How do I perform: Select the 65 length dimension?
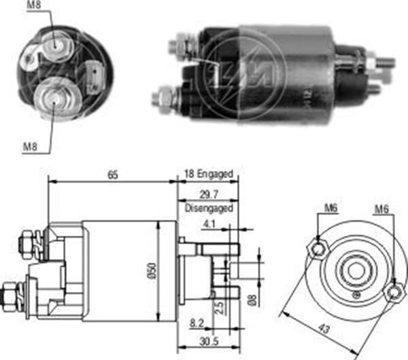point(113,175)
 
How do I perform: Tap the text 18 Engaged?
point(209,175)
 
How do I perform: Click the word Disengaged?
point(208,208)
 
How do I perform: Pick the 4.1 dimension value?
point(208,221)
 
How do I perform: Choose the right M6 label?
point(381,209)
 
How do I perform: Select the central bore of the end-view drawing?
point(354,270)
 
